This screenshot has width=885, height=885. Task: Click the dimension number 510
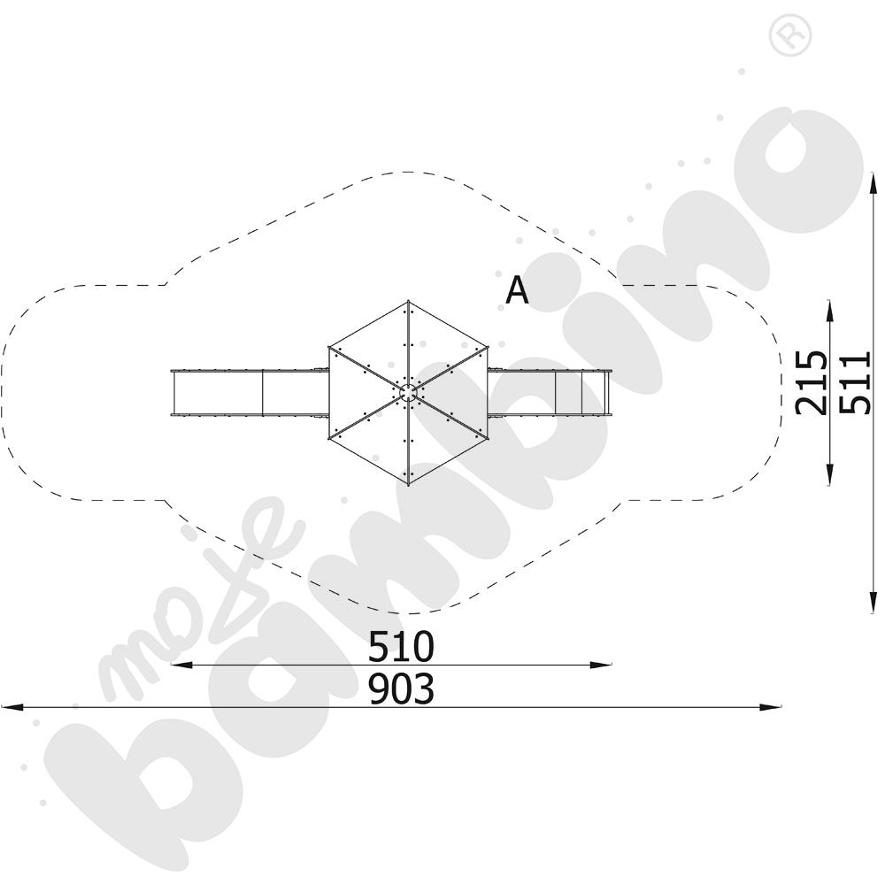pyautogui.click(x=401, y=647)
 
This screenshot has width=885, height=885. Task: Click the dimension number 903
pyautogui.click(x=401, y=689)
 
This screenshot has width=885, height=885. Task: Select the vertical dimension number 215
pyautogui.click(x=811, y=382)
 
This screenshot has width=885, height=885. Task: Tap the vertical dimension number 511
pyautogui.click(x=855, y=382)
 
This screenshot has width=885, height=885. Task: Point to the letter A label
pyautogui.click(x=517, y=290)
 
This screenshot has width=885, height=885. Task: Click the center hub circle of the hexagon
pyautogui.click(x=408, y=392)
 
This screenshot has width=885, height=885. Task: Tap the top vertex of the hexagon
pyautogui.click(x=408, y=302)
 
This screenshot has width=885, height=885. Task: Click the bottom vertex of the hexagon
pyautogui.click(x=408, y=484)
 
